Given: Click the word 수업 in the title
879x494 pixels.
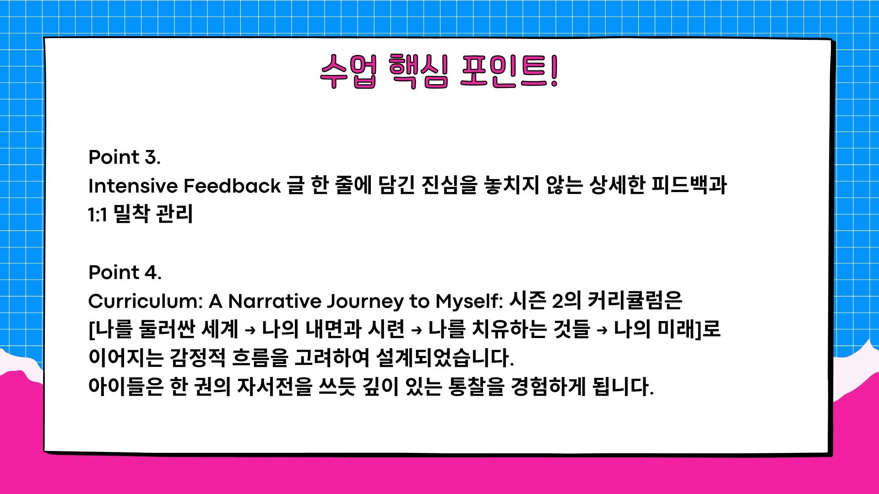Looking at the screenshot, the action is tap(348, 72).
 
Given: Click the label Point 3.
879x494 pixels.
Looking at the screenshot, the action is tap(125, 157).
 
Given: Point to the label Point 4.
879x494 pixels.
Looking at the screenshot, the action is tap(125, 273).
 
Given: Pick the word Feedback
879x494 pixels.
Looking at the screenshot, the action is tap(232, 186).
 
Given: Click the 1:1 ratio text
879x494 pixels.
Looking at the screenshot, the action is tap(98, 215).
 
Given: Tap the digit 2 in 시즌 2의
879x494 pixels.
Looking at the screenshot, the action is tap(558, 301).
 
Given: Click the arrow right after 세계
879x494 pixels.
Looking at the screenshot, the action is tap(250, 330).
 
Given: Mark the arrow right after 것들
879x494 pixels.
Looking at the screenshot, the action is tap(602, 330).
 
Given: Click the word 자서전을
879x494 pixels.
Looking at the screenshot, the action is tap(275, 387).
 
